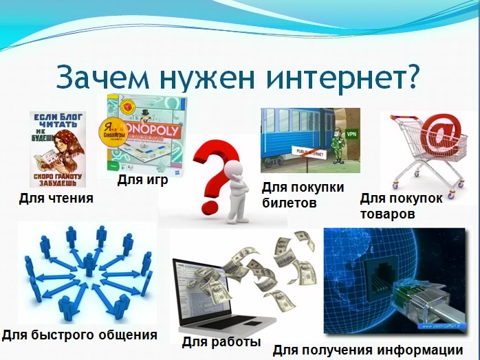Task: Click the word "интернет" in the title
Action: point(331,78)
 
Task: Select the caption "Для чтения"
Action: point(56,199)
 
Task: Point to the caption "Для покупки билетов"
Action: point(303,194)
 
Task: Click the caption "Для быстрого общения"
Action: point(79,335)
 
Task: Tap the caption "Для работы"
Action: point(221,341)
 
